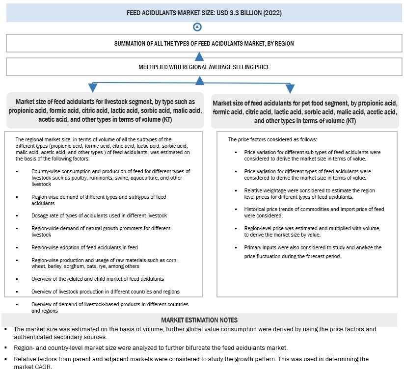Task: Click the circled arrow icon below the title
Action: pyautogui.click(x=197, y=27)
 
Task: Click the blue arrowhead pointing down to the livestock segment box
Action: pyautogui.click(x=92, y=88)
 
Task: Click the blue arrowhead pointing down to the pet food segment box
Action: pyautogui.click(x=290, y=88)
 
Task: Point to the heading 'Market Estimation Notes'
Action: pyautogui.click(x=199, y=320)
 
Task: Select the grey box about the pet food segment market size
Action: pyautogui.click(x=305, y=112)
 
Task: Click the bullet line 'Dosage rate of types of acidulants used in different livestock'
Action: pyautogui.click(x=99, y=215)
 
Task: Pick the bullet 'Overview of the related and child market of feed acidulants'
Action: pyautogui.click(x=97, y=279)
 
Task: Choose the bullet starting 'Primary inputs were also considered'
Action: pyautogui.click(x=313, y=251)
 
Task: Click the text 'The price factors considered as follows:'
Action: pyautogui.click(x=272, y=139)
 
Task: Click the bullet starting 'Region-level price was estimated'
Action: pyautogui.click(x=313, y=231)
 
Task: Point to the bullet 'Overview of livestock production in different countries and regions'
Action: pyautogui.click(x=105, y=292)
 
